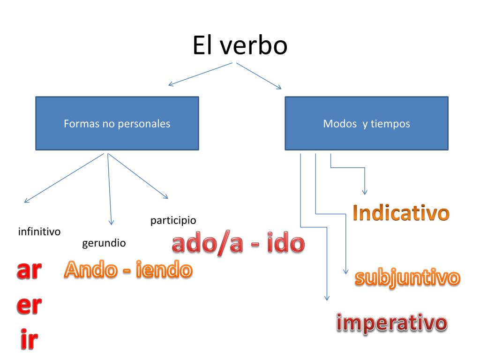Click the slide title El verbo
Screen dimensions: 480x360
point(240,46)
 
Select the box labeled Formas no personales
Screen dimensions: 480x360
point(117,124)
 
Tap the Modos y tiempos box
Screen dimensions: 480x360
point(366,124)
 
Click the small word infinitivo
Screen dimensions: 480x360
point(39,232)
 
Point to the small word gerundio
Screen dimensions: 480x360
point(104,243)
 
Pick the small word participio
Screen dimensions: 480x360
point(173,220)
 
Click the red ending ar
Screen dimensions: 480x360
point(29,270)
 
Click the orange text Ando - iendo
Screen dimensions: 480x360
point(128,270)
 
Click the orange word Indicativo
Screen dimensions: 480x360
point(401,213)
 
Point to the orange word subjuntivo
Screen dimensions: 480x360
point(407,277)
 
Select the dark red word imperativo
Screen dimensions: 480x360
point(391,323)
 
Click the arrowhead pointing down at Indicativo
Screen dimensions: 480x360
point(365,192)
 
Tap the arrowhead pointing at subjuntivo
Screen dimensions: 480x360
point(346,271)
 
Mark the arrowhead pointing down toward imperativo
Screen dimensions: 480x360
point(327,298)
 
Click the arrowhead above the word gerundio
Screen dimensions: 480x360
point(111,223)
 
